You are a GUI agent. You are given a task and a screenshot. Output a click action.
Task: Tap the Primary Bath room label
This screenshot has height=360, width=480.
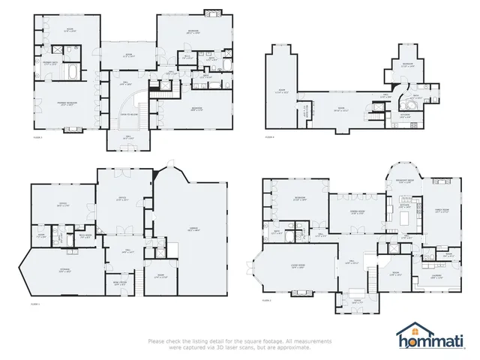(51, 63)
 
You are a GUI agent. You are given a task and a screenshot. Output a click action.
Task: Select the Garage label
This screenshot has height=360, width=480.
(191, 229)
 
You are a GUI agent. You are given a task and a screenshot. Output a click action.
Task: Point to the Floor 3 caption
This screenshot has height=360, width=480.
(37, 137)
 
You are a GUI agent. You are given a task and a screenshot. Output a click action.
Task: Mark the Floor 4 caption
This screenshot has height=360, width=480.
(270, 137)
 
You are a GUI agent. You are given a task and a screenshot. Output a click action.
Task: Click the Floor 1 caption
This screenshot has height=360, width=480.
(35, 304)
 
